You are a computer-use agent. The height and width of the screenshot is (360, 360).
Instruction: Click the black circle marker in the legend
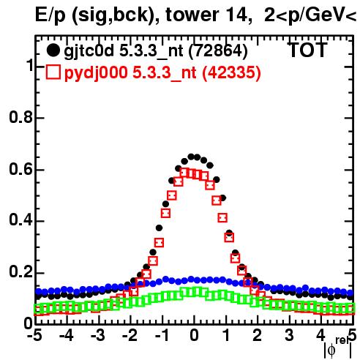(x=53, y=51)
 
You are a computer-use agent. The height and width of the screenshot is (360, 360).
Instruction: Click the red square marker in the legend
(x=53, y=72)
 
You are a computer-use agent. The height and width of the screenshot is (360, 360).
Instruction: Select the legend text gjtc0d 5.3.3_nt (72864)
(x=156, y=51)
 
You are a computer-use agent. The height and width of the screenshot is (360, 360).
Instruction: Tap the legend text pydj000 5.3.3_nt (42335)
(x=162, y=73)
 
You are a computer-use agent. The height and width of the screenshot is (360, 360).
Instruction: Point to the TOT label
(x=308, y=50)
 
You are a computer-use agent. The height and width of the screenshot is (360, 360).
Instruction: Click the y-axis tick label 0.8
(x=20, y=117)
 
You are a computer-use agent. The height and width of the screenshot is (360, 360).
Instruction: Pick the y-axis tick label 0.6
(x=20, y=169)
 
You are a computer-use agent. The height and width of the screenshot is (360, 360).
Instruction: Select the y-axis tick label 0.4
(x=20, y=220)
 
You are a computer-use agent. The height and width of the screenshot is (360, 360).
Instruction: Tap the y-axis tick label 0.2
(x=20, y=272)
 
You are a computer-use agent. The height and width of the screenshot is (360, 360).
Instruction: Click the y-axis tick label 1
(x=30, y=65)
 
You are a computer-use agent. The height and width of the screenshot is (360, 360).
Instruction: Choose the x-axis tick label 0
(x=194, y=335)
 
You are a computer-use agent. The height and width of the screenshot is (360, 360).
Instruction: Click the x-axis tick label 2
(x=258, y=335)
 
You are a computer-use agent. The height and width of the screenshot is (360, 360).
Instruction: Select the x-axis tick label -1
(x=162, y=335)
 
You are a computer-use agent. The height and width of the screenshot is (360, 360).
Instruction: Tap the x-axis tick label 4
(x=320, y=335)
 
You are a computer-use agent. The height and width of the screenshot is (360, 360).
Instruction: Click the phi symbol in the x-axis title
(x=331, y=350)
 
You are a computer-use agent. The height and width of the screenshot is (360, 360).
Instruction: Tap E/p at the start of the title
(x=50, y=15)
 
